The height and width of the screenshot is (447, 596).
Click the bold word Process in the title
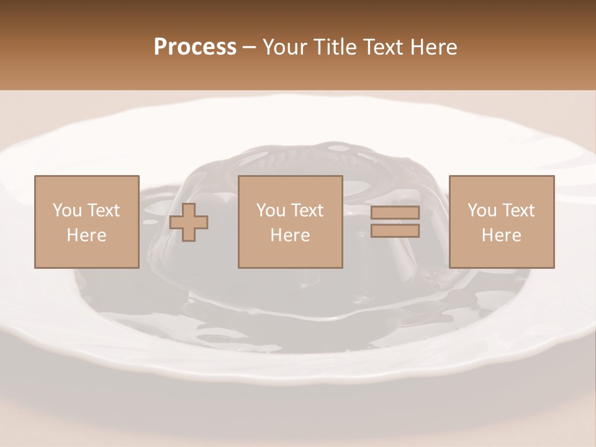[195, 47]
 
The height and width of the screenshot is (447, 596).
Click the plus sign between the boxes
[189, 222]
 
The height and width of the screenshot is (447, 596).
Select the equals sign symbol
[395, 222]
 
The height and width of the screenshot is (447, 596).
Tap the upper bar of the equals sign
[395, 213]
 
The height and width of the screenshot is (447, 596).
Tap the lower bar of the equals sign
[395, 231]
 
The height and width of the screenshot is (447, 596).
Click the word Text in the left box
[104, 210]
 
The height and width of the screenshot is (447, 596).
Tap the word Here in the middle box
[290, 235]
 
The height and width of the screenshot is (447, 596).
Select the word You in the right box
[482, 210]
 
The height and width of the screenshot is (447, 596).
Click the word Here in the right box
[501, 235]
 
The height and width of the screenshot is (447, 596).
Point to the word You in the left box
[67, 210]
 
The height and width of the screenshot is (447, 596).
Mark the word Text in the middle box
[307, 210]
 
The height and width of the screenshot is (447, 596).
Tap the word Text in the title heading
[381, 47]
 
